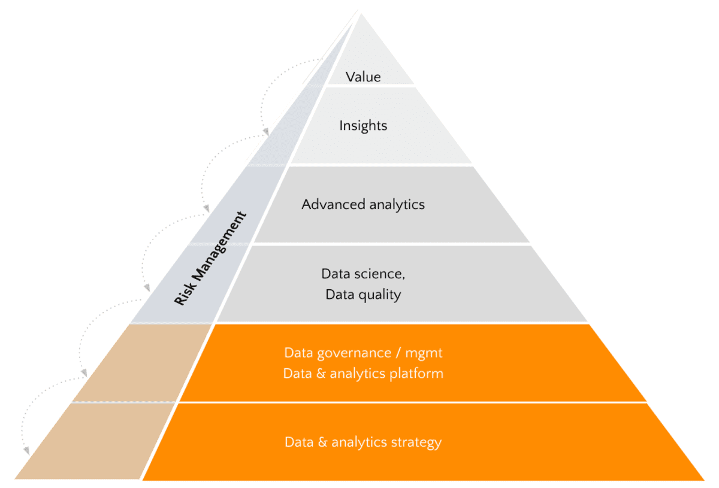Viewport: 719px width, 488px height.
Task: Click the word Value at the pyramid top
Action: coord(363,77)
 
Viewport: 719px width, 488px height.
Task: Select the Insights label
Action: coord(363,126)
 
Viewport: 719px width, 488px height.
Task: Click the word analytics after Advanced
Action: coord(397,204)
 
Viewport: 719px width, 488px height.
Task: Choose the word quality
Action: coord(380,295)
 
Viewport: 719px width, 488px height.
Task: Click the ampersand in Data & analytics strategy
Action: coord(322,442)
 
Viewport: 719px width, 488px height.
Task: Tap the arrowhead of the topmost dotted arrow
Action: coord(264,132)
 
